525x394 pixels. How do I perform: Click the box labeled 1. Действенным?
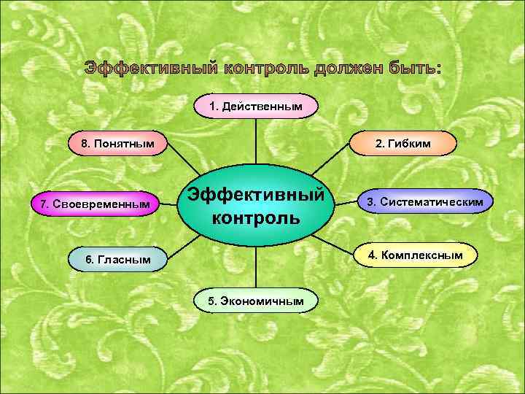[255, 107]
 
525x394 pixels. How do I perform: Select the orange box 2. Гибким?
[402, 144]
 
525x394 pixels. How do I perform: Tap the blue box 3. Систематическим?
[424, 201]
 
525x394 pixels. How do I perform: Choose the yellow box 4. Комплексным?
[416, 255]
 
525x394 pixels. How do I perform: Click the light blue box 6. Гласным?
[118, 259]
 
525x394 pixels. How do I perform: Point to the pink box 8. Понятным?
[118, 144]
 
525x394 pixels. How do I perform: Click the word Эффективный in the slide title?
[151, 69]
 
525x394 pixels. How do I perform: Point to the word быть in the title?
[417, 69]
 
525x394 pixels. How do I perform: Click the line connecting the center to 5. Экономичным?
[255, 266]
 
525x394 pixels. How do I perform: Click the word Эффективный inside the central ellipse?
[255, 195]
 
